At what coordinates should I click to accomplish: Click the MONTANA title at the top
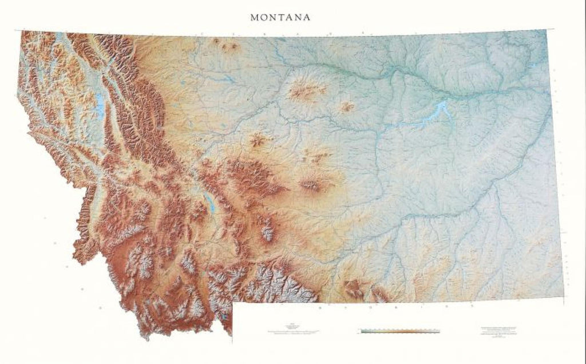[280, 17]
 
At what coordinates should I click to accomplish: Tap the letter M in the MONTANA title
[254, 17]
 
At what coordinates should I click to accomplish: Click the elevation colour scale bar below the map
[400, 331]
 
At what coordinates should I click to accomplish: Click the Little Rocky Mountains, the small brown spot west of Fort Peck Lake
[347, 106]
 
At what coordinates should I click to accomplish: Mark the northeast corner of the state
[546, 30]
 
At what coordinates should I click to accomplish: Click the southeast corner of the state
[563, 296]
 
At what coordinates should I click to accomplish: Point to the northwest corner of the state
[22, 31]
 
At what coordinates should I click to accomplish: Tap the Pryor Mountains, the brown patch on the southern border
[353, 289]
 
